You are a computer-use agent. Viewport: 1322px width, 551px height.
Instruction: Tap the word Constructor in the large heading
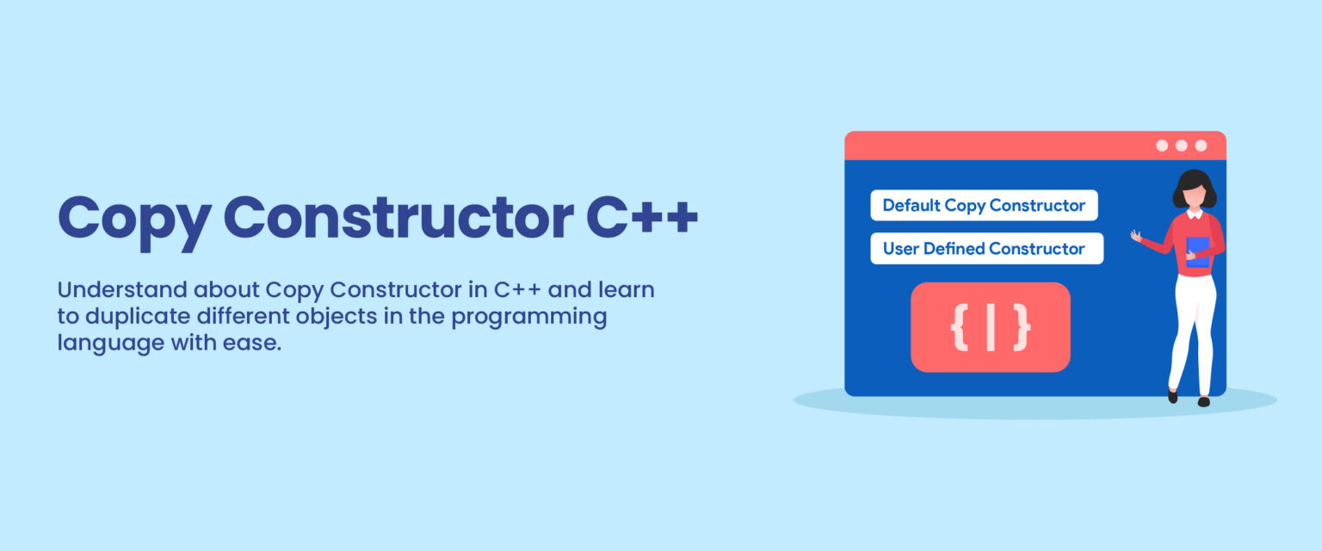[398, 218]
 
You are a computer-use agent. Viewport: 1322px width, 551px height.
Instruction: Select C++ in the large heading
[642, 218]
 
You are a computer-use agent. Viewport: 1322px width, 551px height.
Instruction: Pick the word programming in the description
[529, 316]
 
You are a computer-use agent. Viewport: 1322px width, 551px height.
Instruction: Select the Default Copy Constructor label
[984, 206]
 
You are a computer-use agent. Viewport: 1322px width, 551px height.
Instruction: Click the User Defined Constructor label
[986, 249]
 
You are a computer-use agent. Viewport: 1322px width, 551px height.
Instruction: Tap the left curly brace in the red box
[960, 327]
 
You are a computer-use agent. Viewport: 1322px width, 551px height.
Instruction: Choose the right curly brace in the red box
[1022, 327]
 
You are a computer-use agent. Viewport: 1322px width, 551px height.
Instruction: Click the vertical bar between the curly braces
[991, 327]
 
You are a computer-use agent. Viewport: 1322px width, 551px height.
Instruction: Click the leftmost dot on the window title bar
[1162, 145]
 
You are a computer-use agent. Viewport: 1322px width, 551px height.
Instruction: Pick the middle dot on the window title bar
[1181, 145]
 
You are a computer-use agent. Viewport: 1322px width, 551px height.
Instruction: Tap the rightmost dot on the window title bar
[1201, 145]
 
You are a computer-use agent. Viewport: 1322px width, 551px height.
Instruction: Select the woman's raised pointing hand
[1136, 234]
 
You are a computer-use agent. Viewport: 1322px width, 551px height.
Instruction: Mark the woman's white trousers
[1192, 327]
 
